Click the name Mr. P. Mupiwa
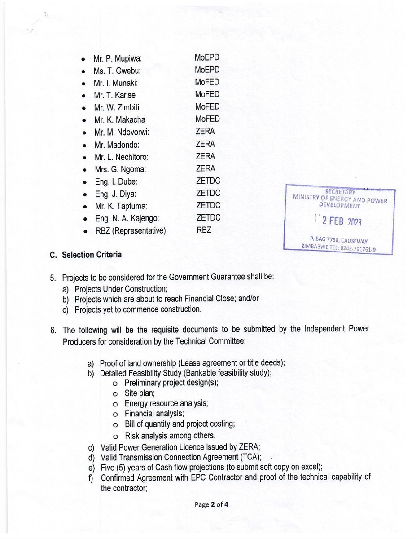[117, 59]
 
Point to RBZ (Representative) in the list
[130, 231]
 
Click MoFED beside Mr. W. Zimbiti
[207, 106]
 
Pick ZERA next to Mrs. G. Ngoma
[205, 168]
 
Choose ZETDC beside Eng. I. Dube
[208, 181]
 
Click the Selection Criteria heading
[92, 255]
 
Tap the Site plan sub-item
[140, 393]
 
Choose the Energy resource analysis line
[166, 403]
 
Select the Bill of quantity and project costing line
[180, 424]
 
